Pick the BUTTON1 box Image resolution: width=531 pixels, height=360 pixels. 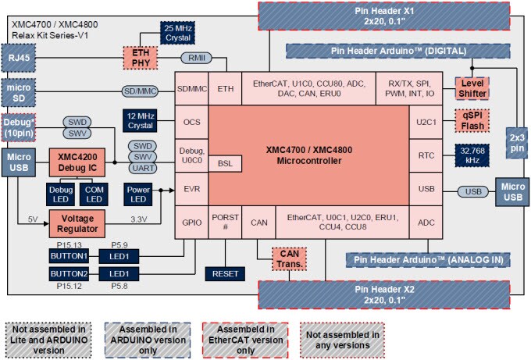(69, 255)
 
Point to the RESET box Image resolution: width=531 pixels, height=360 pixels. (225, 273)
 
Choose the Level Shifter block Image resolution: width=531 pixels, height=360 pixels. (472, 88)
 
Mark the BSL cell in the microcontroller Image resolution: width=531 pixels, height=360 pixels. (225, 163)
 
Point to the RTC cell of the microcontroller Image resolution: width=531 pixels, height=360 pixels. (426, 155)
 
